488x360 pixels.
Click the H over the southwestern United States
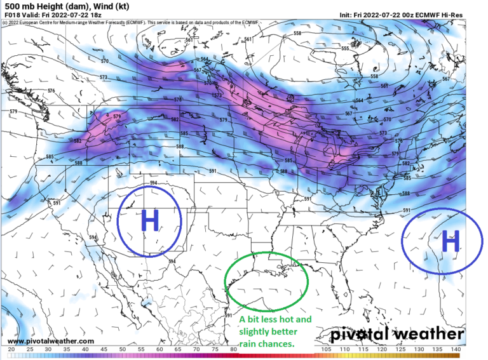(x=150, y=221)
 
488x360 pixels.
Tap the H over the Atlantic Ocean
(x=450, y=241)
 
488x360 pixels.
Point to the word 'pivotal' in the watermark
(x=359, y=334)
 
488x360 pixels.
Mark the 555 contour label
(x=345, y=49)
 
